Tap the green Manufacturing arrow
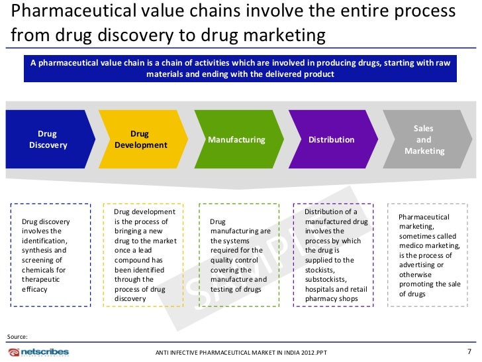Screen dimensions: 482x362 [x=236, y=140]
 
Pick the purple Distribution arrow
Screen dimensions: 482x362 [x=331, y=140]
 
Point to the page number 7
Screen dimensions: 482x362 [x=469, y=351]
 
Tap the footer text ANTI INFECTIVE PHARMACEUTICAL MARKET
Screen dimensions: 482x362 [x=218, y=352]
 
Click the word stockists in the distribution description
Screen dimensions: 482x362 [x=320, y=270]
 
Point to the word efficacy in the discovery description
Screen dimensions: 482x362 [x=35, y=289]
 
